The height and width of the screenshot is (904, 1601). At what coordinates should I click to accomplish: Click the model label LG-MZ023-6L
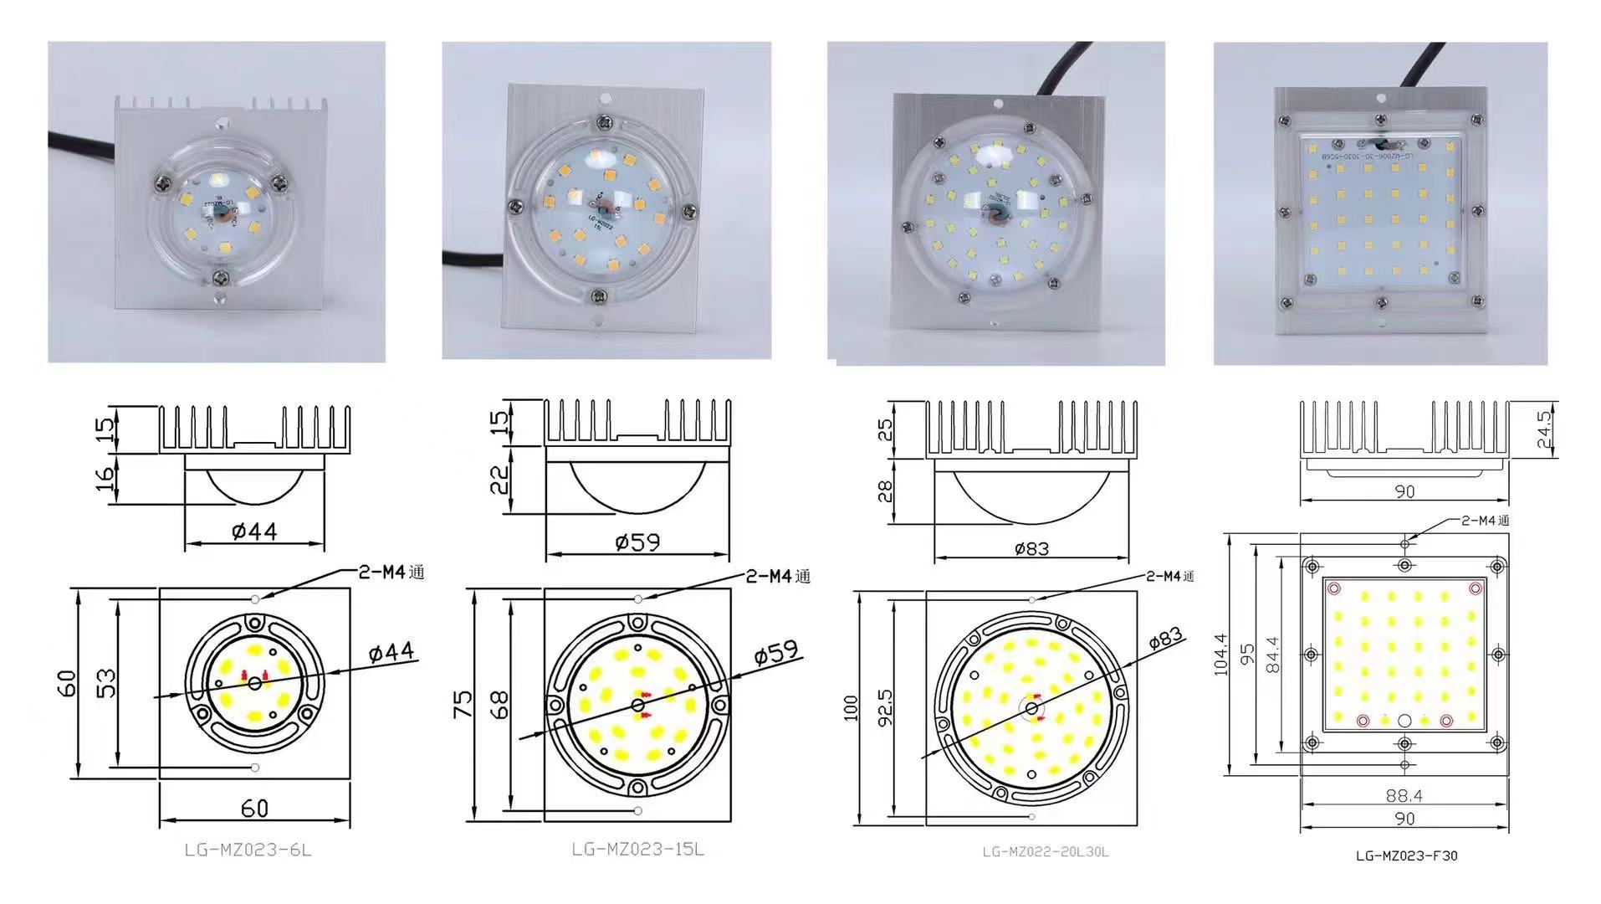(248, 850)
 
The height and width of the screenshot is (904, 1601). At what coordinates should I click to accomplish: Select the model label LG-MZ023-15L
(637, 849)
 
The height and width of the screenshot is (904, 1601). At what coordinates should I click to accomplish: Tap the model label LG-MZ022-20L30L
(1045, 852)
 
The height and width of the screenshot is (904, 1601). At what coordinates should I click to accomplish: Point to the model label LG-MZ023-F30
(1406, 855)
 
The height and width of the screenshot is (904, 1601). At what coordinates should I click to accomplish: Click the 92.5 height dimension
(885, 707)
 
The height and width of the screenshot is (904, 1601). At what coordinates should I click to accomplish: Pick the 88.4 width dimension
(1404, 796)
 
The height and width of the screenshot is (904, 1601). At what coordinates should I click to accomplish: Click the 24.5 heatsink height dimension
(1543, 429)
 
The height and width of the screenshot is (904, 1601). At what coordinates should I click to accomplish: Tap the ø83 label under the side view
(1031, 549)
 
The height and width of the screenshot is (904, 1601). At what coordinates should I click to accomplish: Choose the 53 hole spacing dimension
(107, 683)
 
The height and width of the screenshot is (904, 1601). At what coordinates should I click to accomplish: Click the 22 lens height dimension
(499, 479)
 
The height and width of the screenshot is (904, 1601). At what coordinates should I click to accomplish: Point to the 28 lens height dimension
(885, 489)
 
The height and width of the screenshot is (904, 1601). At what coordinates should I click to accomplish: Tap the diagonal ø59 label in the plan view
(775, 652)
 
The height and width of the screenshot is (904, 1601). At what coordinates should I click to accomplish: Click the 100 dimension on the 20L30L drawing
(852, 707)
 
